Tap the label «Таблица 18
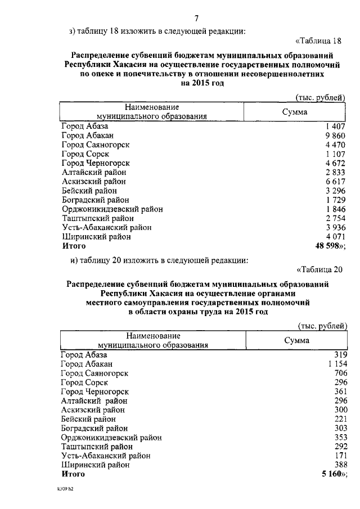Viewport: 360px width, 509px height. [318, 40]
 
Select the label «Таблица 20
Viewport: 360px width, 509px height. [319, 268]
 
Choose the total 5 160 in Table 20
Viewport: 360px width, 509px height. [331, 474]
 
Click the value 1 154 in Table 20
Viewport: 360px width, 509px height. [336, 364]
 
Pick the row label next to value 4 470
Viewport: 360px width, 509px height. [96, 145]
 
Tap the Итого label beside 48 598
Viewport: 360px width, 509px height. [74, 246]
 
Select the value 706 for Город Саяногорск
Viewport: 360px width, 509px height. [340, 373]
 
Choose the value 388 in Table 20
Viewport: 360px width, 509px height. [340, 465]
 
